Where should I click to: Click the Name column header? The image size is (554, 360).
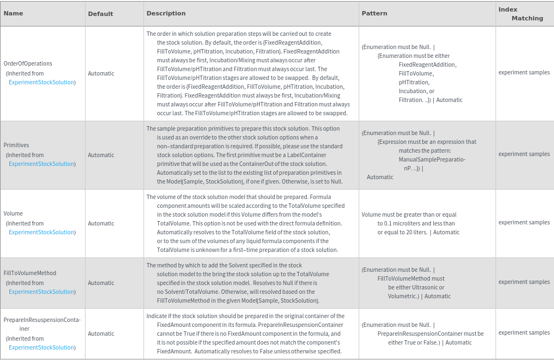click(13, 13)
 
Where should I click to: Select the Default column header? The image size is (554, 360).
click(100, 14)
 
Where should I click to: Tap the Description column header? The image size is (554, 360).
click(166, 13)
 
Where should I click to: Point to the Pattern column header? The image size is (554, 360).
click(374, 13)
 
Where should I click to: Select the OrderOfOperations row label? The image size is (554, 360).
click(28, 63)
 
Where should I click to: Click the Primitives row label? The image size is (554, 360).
click(17, 145)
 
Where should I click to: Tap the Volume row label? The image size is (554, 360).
click(13, 213)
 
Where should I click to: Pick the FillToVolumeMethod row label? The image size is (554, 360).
click(30, 273)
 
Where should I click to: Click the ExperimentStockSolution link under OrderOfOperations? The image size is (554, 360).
click(42, 82)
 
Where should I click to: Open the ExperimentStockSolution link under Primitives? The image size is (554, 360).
click(42, 164)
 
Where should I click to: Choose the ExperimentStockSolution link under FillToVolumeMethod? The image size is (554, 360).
click(42, 292)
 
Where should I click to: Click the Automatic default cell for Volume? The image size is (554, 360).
click(101, 223)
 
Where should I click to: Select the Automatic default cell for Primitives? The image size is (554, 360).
click(101, 155)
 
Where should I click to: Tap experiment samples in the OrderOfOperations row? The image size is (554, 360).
click(524, 72)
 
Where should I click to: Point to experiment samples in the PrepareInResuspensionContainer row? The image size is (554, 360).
click(524, 332)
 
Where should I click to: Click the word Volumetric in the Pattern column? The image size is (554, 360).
click(402, 296)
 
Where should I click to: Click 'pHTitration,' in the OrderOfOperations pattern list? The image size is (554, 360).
click(414, 82)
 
